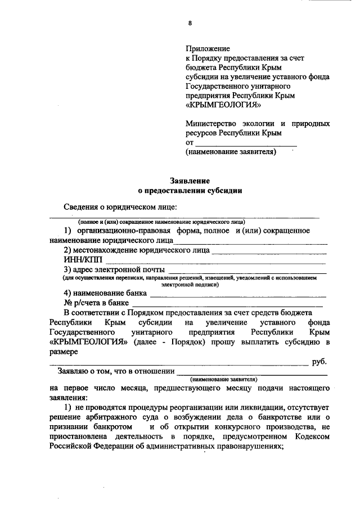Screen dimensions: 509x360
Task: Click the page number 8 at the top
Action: coord(190,23)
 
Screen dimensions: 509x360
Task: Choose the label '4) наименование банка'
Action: coord(105,293)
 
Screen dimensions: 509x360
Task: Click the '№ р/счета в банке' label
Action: coord(96,303)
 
